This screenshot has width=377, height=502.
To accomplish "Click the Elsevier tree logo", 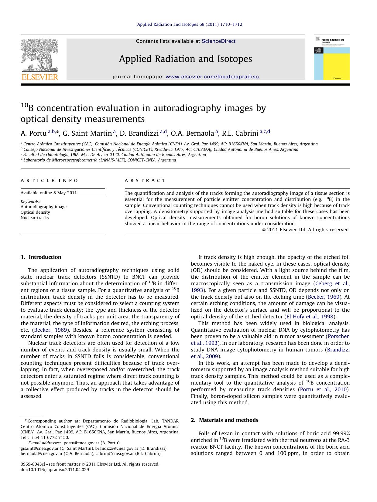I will tap(39, 56).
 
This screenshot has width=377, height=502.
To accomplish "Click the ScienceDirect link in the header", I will tap(218, 41).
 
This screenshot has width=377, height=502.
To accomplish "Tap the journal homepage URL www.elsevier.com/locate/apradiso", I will tap(212, 77).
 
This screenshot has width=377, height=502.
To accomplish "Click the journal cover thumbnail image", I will tap(331, 58).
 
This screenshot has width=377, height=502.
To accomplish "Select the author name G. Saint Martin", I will tap(87, 133).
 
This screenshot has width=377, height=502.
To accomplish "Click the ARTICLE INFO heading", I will tap(50, 181).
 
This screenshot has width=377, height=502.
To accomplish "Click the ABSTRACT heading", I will tap(145, 181).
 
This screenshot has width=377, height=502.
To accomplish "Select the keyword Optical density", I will tap(35, 212).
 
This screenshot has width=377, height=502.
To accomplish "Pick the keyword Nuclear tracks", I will tap(35, 218).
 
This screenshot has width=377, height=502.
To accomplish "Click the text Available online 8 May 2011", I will tap(49, 193).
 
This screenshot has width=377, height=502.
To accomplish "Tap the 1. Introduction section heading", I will tap(41, 257).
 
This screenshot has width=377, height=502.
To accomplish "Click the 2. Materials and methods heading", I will tap(224, 420).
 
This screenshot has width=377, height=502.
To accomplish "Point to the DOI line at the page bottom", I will tap(55, 470).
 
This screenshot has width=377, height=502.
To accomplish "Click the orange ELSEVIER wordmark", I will tap(39, 77).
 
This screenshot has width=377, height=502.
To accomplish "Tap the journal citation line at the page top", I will tap(190, 24).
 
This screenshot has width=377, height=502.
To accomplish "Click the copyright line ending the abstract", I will tap(306, 230).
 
